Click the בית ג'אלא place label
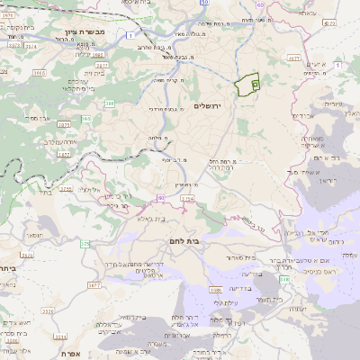[154, 218]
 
